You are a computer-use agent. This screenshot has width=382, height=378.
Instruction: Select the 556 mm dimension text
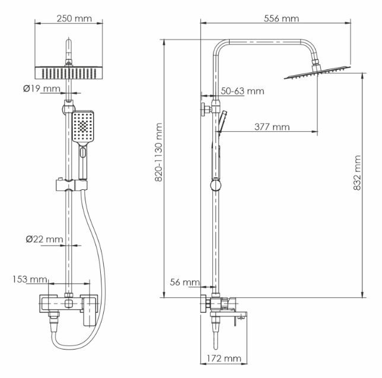point(281,18)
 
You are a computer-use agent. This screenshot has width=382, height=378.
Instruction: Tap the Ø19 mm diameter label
point(42,89)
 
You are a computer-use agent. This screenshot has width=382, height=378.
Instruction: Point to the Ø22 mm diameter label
point(44,239)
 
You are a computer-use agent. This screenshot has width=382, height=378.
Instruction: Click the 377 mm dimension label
point(272,126)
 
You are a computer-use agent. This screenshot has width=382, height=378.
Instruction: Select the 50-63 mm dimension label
point(242,91)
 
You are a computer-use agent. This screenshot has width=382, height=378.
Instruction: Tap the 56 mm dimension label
point(184,282)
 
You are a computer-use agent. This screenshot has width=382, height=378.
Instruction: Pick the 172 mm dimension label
point(225,358)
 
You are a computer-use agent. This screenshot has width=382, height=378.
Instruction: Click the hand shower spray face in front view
point(84,126)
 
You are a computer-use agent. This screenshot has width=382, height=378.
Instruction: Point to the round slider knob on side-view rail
point(215,186)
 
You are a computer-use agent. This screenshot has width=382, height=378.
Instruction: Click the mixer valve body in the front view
point(71,304)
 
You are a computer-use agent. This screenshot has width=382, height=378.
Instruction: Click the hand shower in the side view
point(220,123)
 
